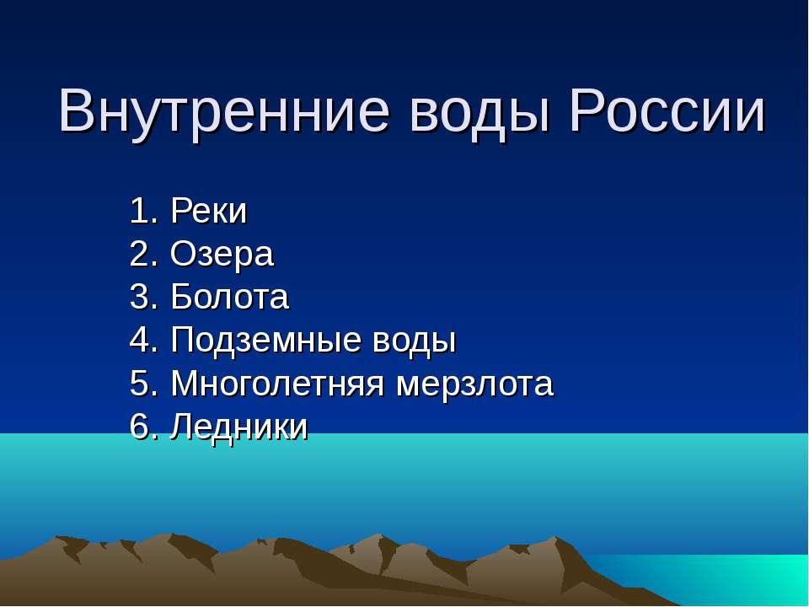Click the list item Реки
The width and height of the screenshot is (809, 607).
tap(209, 212)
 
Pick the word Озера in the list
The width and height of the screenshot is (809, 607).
tap(222, 255)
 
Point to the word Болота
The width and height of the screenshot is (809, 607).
tap(229, 298)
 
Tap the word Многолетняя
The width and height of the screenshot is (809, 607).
tap(279, 384)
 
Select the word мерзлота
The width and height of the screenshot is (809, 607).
tap(475, 384)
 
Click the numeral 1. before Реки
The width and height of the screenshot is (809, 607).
tap(143, 212)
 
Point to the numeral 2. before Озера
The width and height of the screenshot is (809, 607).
tap(143, 255)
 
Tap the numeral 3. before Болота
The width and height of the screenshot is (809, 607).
tap(143, 298)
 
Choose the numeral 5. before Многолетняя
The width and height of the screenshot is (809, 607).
tap(143, 384)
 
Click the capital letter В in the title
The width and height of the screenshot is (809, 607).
tap(77, 110)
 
